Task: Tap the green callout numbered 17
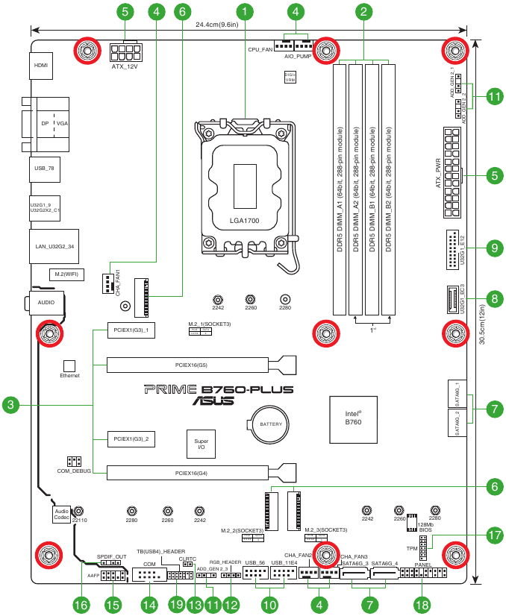coord(493,535)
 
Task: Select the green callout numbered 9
coord(493,248)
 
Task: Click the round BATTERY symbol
coord(269,424)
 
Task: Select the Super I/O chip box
coord(201,444)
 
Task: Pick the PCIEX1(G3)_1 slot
coord(131,330)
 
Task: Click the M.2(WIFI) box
coord(66,274)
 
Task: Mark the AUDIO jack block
coord(43,303)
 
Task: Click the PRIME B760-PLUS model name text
coord(218,389)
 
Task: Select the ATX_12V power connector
coord(125,54)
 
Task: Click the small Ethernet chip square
coord(69,366)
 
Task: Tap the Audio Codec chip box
coord(62,514)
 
